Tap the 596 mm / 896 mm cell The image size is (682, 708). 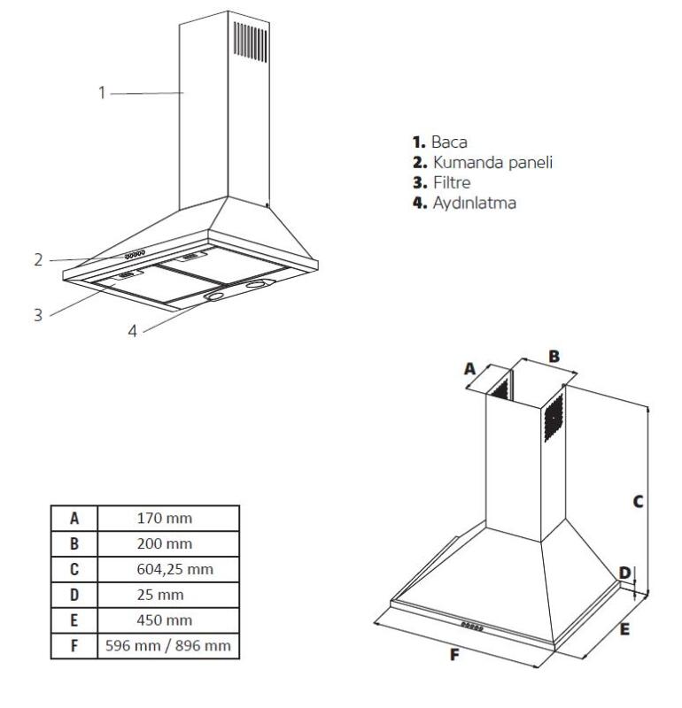(x=168, y=646)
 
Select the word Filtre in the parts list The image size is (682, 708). (x=453, y=182)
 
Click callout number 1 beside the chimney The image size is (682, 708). (x=103, y=92)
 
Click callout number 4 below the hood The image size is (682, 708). (x=132, y=332)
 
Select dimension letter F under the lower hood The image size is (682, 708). (x=454, y=656)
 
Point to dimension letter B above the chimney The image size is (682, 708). (x=554, y=356)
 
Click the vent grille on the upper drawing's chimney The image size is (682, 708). (x=250, y=41)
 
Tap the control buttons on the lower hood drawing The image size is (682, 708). (x=471, y=625)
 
